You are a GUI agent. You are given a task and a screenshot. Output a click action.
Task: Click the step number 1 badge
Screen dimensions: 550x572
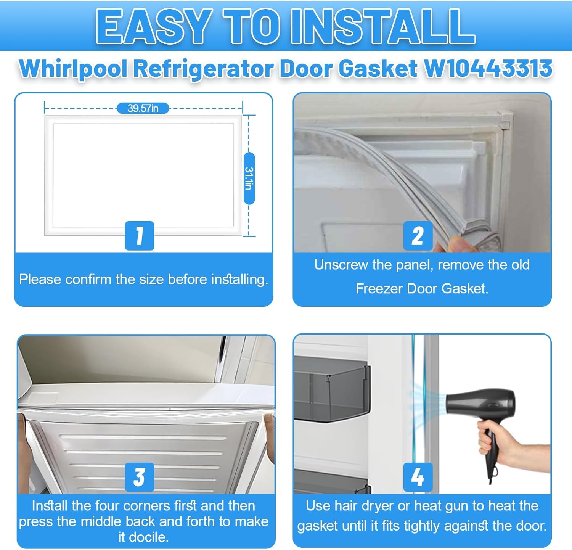tap(140, 236)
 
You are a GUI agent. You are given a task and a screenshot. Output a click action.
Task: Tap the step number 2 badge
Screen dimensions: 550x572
tap(418, 236)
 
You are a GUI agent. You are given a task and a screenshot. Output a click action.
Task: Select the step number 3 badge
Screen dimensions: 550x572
tap(140, 477)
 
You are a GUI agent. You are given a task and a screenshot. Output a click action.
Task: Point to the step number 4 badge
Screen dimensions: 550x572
tap(418, 477)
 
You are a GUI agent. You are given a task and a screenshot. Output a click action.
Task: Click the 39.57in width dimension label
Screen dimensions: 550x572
tap(143, 108)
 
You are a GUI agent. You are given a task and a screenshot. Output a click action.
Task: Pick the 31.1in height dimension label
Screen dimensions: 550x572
tap(249, 179)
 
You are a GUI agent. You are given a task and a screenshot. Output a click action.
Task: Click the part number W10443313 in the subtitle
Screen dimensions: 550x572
tap(488, 69)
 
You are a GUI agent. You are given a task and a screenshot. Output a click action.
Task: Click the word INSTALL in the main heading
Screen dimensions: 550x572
tap(383, 27)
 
